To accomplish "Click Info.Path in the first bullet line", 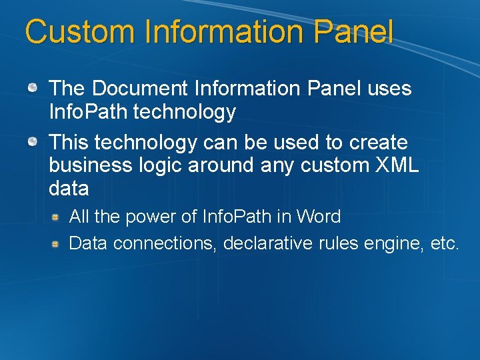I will (x=89, y=112).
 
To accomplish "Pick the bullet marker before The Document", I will (x=32, y=87).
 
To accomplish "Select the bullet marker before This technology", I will (x=32, y=141).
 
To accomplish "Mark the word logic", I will (x=162, y=165).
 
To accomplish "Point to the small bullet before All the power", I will (x=57, y=217).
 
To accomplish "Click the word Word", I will (x=318, y=217).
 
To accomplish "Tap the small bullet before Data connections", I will (x=57, y=243).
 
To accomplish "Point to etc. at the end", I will (x=445, y=243).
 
